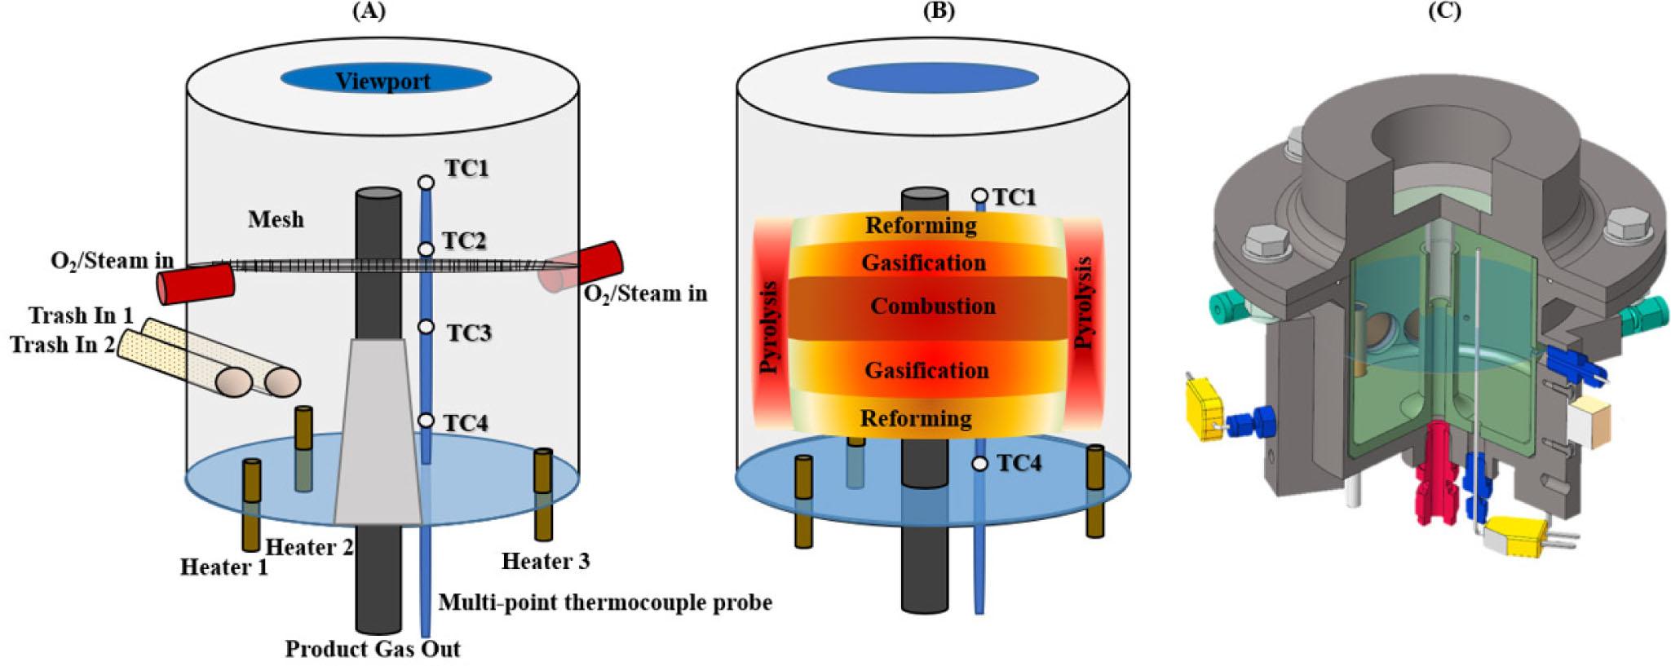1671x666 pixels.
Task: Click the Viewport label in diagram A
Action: coord(382,81)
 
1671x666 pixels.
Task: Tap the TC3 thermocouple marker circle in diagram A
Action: coord(426,327)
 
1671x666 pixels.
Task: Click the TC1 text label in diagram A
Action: coord(466,168)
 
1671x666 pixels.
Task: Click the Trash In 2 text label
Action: coord(62,345)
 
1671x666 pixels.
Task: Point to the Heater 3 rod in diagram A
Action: coord(543,494)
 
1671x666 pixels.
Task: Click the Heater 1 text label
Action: coord(223,567)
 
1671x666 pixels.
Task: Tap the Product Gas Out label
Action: coord(373,649)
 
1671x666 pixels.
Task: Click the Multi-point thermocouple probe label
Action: coord(604,602)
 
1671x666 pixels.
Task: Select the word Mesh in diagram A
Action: coord(276,219)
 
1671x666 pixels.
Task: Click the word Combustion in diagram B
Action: coord(932,306)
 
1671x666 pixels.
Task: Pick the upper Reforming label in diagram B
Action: coord(921,225)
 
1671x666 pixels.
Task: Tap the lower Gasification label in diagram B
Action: coord(926,370)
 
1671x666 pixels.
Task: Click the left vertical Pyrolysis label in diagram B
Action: coord(769,328)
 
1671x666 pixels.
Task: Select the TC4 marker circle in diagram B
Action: coord(979,464)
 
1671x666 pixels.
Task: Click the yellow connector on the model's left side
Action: coord(1204,408)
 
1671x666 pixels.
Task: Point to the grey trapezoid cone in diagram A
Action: coord(378,432)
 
